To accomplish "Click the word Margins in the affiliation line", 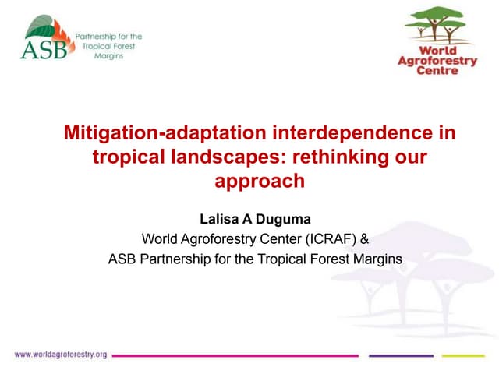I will (377, 259).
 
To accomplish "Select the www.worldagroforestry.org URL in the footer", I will (60, 355).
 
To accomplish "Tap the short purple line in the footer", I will (400, 355).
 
